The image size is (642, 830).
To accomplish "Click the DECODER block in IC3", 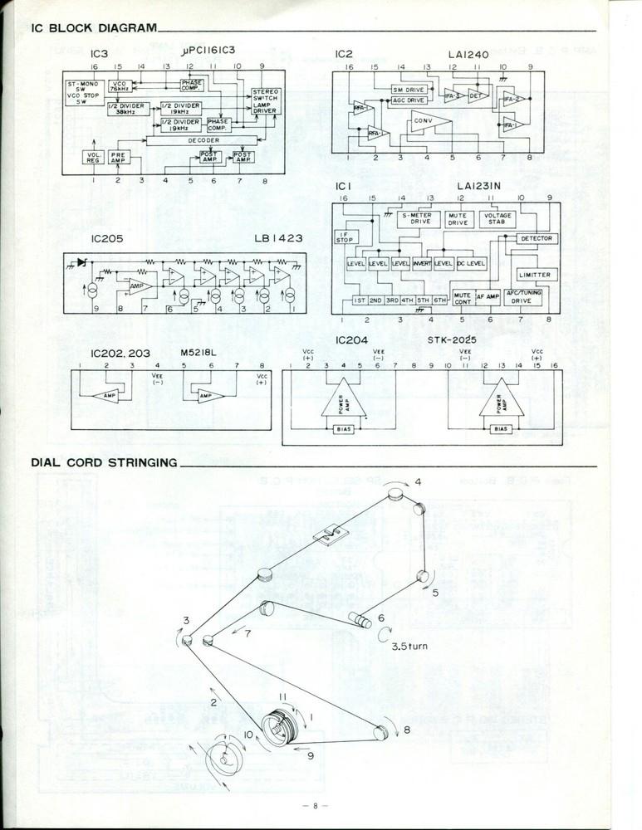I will click(192, 140).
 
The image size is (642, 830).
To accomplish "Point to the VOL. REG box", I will click(94, 157).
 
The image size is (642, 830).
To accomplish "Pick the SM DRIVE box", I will click(408, 89).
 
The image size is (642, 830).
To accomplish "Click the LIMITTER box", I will click(533, 275).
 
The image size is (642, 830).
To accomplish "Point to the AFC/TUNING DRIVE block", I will click(525, 298).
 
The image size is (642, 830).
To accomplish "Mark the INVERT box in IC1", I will click(423, 263).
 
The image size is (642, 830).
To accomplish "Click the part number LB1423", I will click(278, 238).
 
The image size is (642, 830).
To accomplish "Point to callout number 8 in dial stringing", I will click(407, 730).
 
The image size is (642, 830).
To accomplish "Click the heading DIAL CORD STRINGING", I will click(104, 462).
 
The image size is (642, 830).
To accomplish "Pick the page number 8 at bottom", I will click(316, 805).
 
